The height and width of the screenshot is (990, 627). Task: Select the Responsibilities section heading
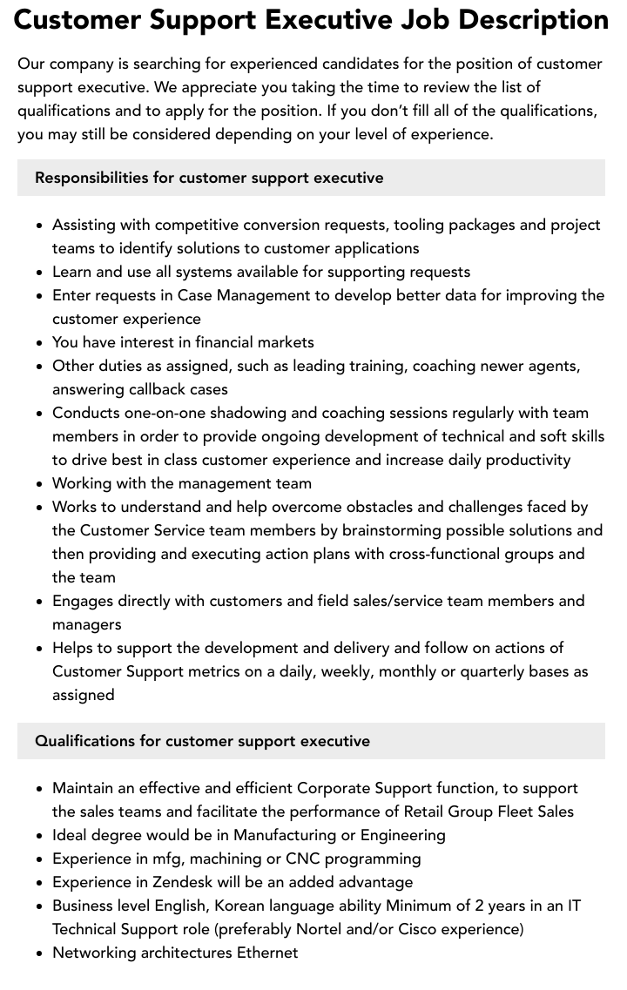(209, 178)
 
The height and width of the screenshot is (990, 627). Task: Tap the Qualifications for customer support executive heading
(202, 741)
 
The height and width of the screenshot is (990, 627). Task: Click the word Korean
(241, 906)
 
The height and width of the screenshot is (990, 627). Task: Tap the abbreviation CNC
(303, 859)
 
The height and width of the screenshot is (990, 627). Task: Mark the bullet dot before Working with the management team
(39, 484)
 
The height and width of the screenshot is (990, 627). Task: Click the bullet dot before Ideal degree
(39, 836)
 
